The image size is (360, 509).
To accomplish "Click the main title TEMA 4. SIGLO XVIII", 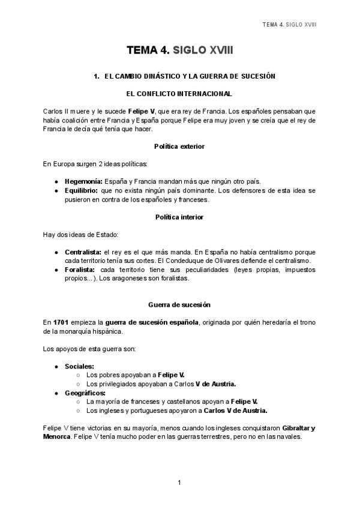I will [179, 52].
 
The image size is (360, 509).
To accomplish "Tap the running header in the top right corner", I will [290, 25].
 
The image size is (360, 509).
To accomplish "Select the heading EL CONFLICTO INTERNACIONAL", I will [179, 94].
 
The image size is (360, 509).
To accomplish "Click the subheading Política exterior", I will [179, 146].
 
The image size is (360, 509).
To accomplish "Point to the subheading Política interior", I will [179, 217].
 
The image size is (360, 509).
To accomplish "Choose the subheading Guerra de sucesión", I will [179, 305].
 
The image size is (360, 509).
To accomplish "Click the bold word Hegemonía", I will [83, 181].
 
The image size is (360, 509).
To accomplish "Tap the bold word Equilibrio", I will [82, 191].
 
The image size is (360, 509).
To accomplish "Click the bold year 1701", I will [61, 322].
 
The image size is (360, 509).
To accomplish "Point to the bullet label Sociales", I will [79, 366].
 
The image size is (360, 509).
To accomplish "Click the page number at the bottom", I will [179, 483].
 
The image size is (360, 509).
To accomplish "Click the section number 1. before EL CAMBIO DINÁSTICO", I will [96, 77].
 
